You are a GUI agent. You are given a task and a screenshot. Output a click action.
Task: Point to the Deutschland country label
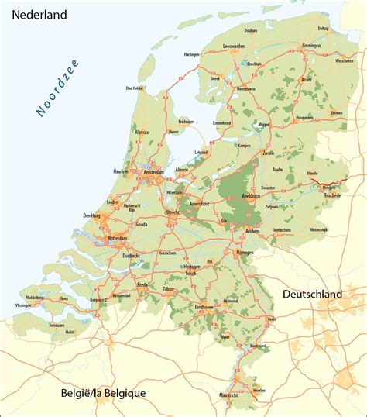click(x=312, y=295)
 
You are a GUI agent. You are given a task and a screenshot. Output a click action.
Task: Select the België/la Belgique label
click(x=103, y=393)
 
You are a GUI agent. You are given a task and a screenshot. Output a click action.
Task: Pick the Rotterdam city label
click(x=117, y=238)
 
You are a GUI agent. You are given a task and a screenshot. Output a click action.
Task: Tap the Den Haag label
click(x=92, y=215)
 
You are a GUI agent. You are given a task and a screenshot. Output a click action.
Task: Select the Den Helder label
click(x=135, y=88)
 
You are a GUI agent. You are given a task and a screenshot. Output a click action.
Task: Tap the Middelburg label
click(x=35, y=297)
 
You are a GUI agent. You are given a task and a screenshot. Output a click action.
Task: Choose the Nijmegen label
click(x=245, y=252)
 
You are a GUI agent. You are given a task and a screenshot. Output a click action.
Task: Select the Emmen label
click(x=336, y=113)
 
